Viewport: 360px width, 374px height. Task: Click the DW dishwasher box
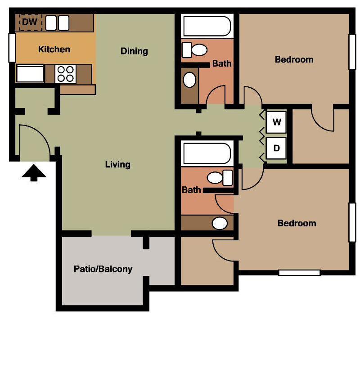(30, 22)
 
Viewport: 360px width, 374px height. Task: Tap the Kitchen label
(54, 49)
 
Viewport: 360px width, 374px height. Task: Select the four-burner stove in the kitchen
(66, 74)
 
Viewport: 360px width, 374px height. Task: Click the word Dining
(134, 51)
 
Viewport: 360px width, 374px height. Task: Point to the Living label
(117, 164)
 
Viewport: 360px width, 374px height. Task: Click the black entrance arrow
(34, 173)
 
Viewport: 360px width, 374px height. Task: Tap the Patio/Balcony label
(103, 269)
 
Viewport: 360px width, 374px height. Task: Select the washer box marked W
(277, 122)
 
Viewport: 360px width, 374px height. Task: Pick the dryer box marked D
(277, 148)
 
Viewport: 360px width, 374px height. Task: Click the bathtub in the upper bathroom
(207, 26)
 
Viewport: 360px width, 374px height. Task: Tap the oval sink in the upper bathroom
(190, 80)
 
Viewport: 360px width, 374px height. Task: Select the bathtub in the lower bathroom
(207, 153)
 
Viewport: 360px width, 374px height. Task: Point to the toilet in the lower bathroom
(220, 177)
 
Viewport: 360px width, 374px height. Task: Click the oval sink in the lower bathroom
(220, 223)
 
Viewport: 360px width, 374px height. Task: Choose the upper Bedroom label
(294, 59)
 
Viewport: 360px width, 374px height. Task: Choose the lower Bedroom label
(297, 223)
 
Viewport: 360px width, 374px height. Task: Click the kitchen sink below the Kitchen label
(30, 73)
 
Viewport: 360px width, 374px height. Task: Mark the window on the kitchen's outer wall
(12, 48)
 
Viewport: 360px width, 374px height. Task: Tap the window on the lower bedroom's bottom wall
(299, 272)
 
